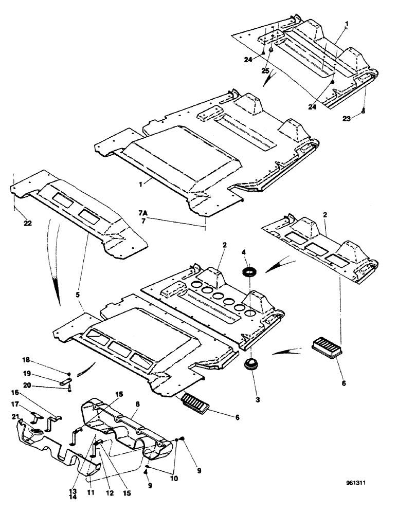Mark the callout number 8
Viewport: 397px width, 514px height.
(x=137, y=405)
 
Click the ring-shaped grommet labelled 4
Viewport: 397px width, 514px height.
(x=250, y=272)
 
